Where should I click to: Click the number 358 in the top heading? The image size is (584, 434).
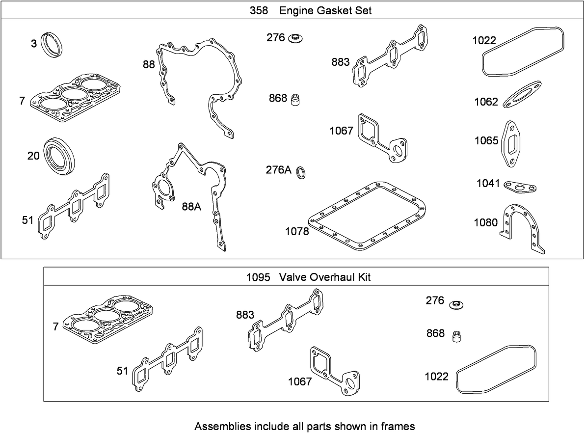tap(259, 11)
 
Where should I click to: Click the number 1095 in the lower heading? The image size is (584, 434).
tap(258, 277)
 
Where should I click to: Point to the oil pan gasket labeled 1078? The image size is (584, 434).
tap(368, 217)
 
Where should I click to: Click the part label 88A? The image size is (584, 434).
tap(191, 207)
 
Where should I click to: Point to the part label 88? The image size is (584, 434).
tap(149, 64)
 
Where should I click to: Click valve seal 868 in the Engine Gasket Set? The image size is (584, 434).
tap(295, 99)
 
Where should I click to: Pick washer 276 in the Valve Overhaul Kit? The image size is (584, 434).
tap(456, 303)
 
